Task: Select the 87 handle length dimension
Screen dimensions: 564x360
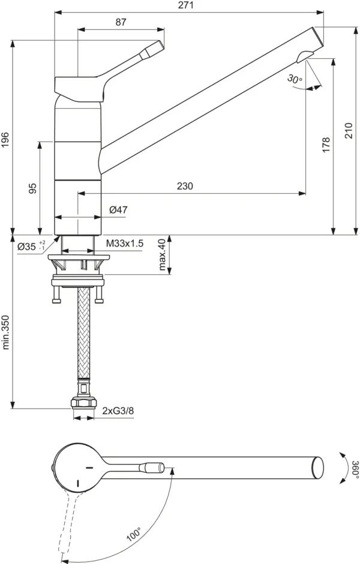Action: tap(121, 22)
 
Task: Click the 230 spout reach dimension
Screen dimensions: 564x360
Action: tap(185, 187)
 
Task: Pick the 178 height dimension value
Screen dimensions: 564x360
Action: tap(326, 145)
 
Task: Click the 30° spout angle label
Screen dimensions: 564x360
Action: tap(295, 79)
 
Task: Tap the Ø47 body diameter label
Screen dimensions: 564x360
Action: tap(118, 209)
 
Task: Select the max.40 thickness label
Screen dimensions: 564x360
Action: tap(161, 254)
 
